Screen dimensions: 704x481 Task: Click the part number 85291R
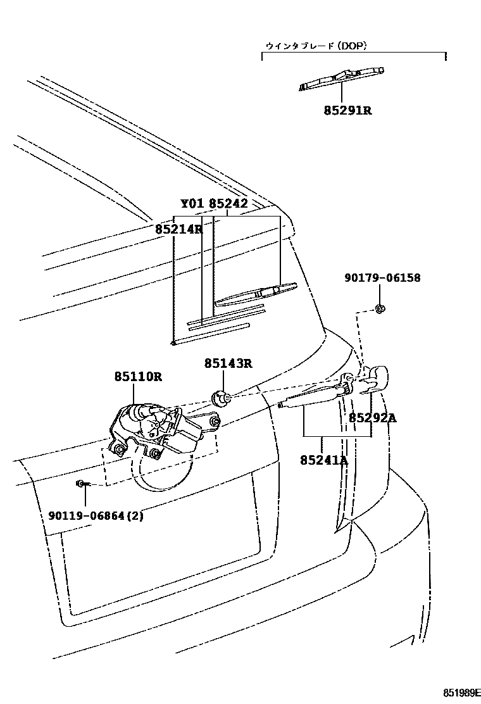(347, 110)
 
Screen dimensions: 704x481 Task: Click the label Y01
(192, 204)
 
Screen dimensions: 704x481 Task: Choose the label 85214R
(178, 229)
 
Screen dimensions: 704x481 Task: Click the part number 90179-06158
(382, 278)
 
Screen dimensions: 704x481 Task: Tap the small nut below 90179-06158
(380, 308)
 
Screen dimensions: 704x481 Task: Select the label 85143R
(228, 363)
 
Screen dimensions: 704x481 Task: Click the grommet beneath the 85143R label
(221, 398)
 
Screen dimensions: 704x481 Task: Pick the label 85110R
(138, 377)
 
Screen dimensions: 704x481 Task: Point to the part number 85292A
(372, 418)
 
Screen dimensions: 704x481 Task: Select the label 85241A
(325, 460)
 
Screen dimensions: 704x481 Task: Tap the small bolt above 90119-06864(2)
(82, 484)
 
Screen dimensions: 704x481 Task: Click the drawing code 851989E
(456, 691)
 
